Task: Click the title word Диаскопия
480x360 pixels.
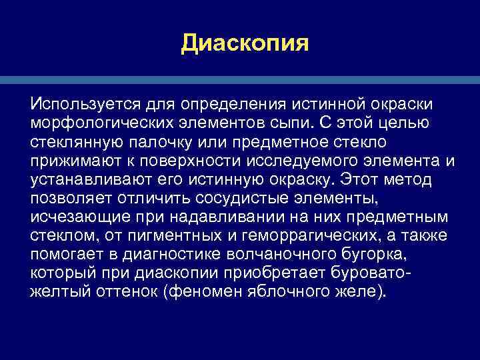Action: click(245, 44)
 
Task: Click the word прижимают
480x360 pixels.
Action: click(71, 162)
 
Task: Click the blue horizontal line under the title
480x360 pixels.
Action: click(240, 80)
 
